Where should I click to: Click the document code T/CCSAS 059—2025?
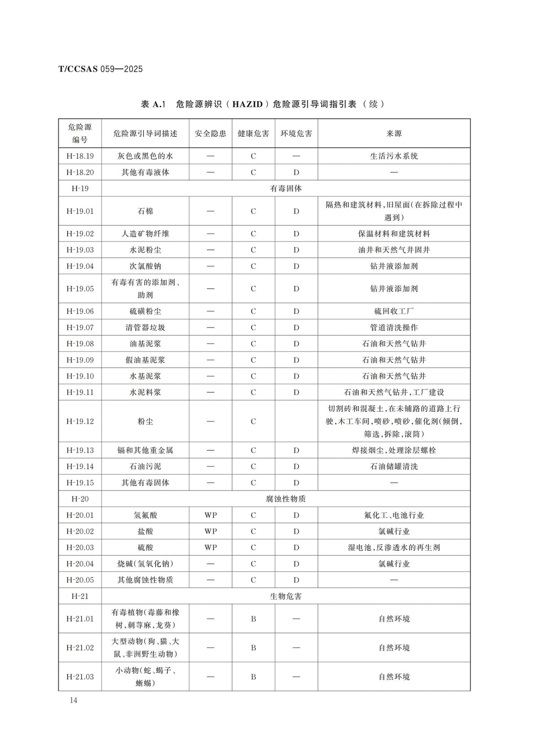(x=100, y=69)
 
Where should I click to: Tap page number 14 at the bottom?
(x=73, y=700)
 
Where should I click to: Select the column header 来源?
(x=394, y=133)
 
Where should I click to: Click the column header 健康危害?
(x=253, y=133)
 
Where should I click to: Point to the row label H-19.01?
(x=80, y=211)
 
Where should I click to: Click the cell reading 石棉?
(x=145, y=211)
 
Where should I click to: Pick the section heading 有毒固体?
(x=286, y=188)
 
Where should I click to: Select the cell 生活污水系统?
(x=394, y=156)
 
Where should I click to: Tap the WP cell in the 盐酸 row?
(x=210, y=531)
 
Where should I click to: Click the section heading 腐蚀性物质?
(x=286, y=499)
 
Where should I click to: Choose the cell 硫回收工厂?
(x=394, y=311)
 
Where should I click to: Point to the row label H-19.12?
(x=80, y=421)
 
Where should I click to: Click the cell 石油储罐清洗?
(x=394, y=466)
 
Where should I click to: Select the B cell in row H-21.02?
(x=253, y=647)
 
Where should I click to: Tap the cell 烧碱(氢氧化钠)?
(x=145, y=564)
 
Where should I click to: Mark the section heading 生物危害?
(x=286, y=596)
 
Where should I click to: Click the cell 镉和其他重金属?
(x=145, y=450)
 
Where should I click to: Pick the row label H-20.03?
(x=80, y=547)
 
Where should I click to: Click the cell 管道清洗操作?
(x=394, y=327)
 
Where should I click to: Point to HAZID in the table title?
(x=247, y=104)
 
